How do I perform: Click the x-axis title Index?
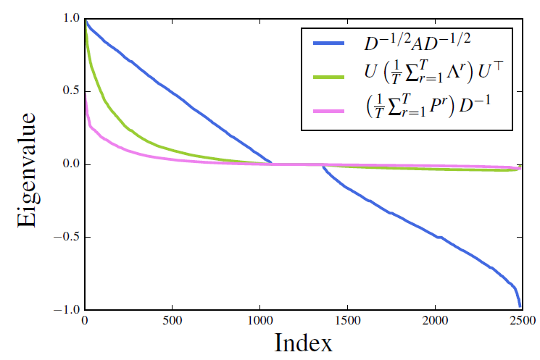coord(303,341)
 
